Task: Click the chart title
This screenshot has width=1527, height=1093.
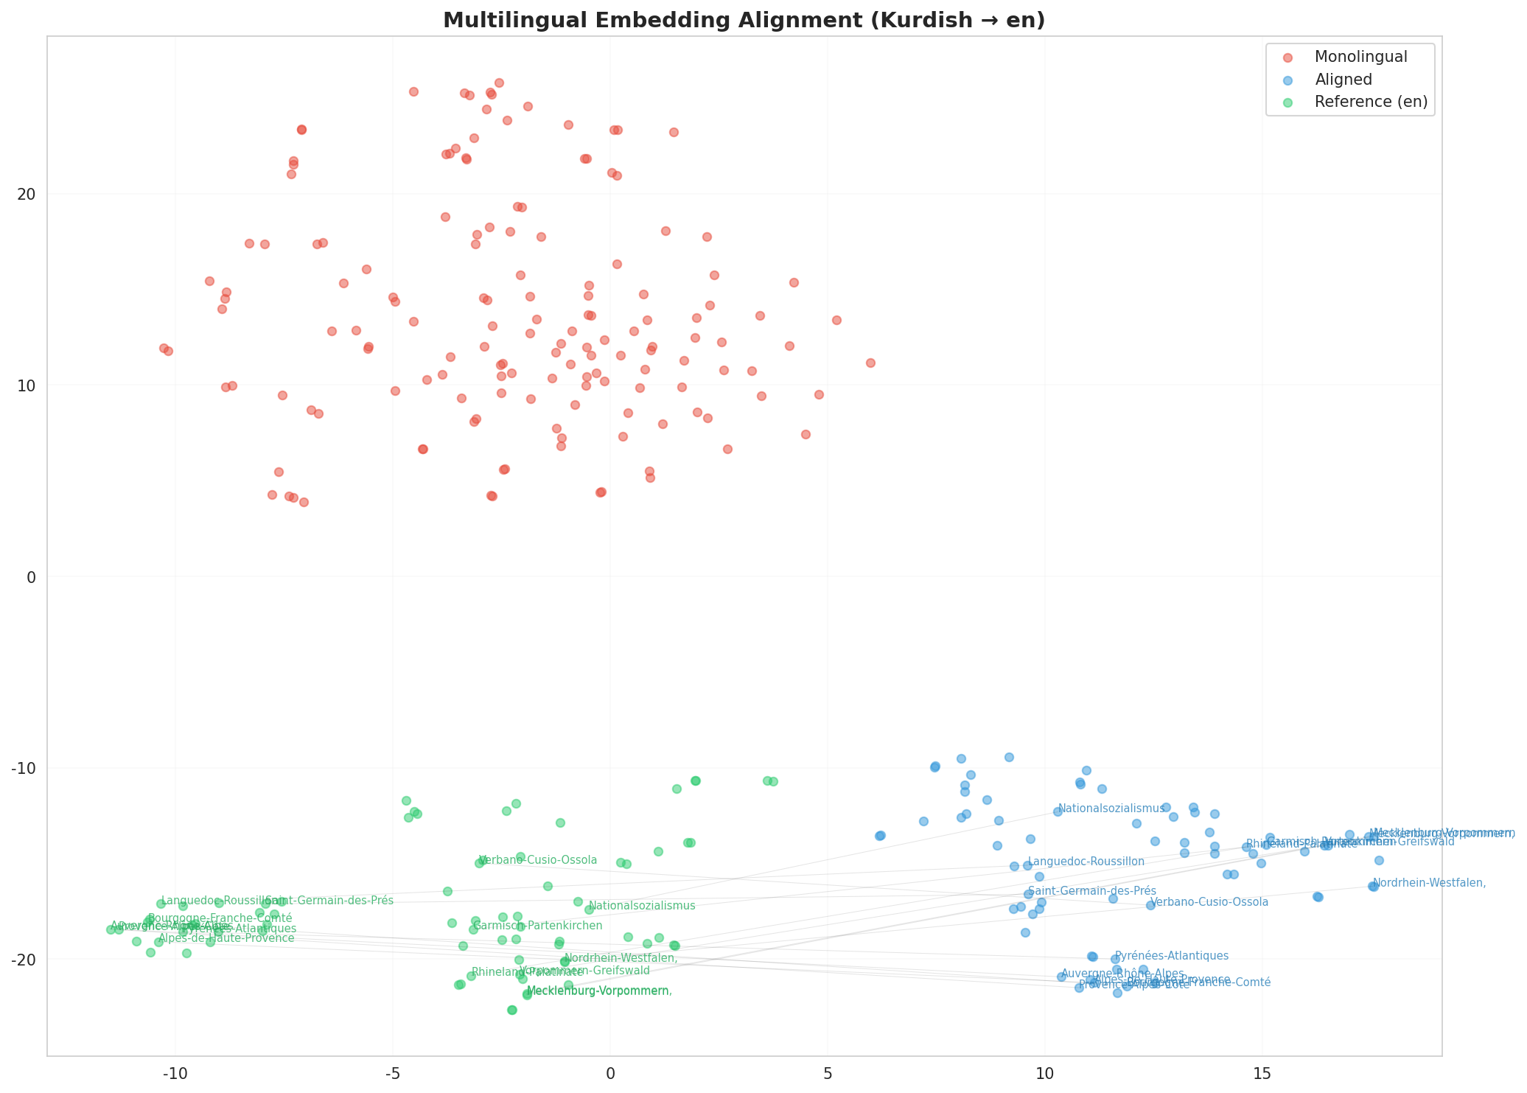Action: tap(744, 21)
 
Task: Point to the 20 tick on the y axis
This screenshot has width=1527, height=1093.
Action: tap(27, 195)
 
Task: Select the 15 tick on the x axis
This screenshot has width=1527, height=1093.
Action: tap(1262, 1069)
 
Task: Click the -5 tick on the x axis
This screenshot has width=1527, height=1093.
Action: tap(392, 1069)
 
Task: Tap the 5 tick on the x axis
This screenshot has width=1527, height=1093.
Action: tap(827, 1069)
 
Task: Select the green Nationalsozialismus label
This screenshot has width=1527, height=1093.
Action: tap(642, 906)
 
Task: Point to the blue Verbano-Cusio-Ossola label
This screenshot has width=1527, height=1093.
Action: tap(1209, 902)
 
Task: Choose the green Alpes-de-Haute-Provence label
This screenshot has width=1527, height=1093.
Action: tap(226, 938)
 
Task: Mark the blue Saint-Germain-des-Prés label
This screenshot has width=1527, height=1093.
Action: tap(1091, 891)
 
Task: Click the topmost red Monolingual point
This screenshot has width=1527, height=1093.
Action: tap(499, 83)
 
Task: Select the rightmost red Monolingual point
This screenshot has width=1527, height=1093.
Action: tap(870, 363)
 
